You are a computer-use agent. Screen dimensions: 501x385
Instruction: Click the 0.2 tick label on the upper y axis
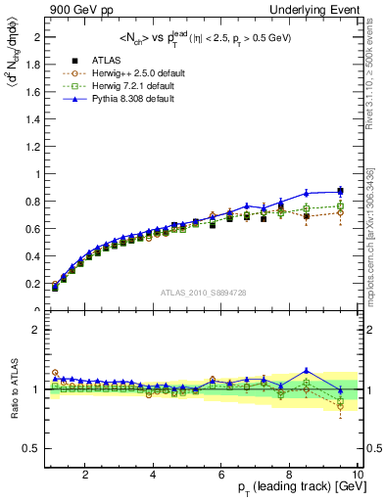point(33,284)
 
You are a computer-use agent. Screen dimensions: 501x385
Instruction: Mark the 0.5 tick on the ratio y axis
point(33,448)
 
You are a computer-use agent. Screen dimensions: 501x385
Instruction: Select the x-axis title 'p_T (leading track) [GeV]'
point(301,488)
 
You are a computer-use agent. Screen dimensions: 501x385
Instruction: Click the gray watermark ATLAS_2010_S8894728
point(202,293)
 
